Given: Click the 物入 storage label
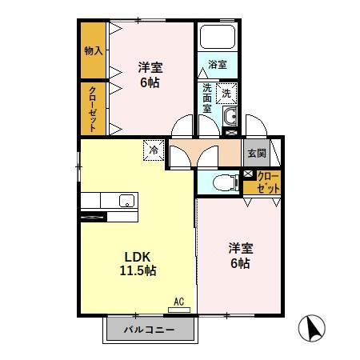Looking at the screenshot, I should (94, 50).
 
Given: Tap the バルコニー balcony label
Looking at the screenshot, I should (149, 330).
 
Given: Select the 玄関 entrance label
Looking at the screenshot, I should (256, 151).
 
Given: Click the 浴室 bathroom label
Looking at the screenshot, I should (218, 63).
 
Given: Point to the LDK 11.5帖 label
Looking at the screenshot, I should (139, 264).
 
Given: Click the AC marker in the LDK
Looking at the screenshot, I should (178, 302).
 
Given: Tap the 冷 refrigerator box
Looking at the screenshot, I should (153, 149).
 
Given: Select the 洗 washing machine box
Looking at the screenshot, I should (227, 93).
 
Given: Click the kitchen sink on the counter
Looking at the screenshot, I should (126, 200).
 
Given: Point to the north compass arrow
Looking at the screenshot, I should (312, 328).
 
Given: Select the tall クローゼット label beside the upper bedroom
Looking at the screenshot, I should (94, 107).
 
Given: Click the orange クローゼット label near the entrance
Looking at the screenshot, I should (268, 182).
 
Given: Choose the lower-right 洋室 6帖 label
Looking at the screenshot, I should (238, 254).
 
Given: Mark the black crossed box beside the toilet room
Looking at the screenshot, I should (247, 174).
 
